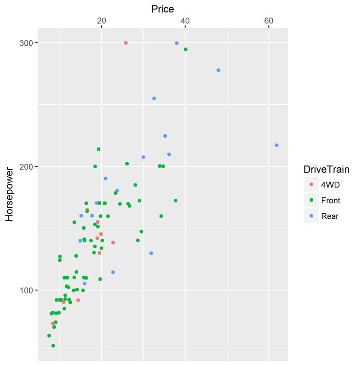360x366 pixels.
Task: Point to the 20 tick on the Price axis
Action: (x=102, y=21)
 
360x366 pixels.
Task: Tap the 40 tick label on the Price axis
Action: (x=185, y=21)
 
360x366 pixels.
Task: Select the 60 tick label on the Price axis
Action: (x=269, y=21)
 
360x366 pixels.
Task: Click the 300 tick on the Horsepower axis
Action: (x=28, y=43)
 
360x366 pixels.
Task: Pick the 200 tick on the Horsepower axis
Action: (x=28, y=167)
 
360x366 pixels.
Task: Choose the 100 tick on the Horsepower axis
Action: (x=28, y=290)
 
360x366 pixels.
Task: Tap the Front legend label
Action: (x=331, y=201)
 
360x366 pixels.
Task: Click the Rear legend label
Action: (x=329, y=216)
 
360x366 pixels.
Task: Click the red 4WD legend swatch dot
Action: (x=311, y=185)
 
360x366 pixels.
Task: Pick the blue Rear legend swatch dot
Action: (x=311, y=216)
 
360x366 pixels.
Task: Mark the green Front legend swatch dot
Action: (x=311, y=201)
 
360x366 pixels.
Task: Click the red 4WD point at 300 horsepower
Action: (x=126, y=43)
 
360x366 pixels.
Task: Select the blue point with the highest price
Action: (x=277, y=145)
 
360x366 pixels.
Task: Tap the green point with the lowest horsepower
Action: (x=53, y=346)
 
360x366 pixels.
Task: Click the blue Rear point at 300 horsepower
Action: (x=177, y=43)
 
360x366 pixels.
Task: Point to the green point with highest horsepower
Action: (x=185, y=49)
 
